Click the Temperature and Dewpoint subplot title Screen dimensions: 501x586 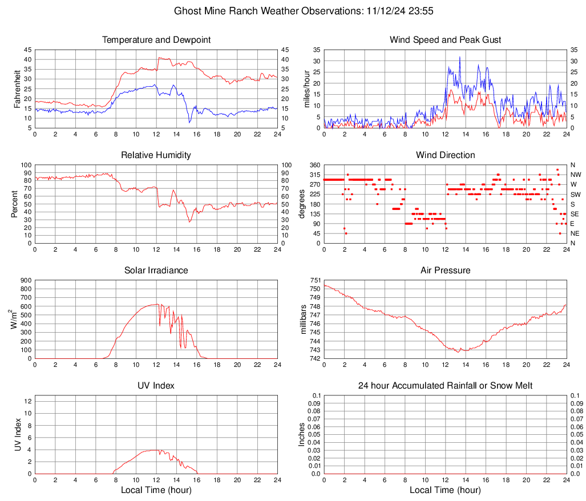coord(156,40)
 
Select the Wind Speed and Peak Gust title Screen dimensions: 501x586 coord(445,40)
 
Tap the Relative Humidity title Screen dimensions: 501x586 coord(156,155)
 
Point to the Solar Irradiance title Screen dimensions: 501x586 coord(156,270)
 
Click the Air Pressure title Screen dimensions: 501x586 coord(445,270)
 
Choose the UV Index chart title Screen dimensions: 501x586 coord(156,386)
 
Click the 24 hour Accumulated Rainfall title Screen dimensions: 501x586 coord(445,386)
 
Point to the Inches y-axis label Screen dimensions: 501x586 coord(302,434)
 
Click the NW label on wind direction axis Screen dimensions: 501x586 coord(576,175)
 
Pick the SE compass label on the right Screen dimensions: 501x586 coord(575,214)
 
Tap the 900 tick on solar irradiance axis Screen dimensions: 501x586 coord(25,280)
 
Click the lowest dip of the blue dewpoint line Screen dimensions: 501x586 coord(189,122)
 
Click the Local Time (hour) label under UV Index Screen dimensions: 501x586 coord(156,490)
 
